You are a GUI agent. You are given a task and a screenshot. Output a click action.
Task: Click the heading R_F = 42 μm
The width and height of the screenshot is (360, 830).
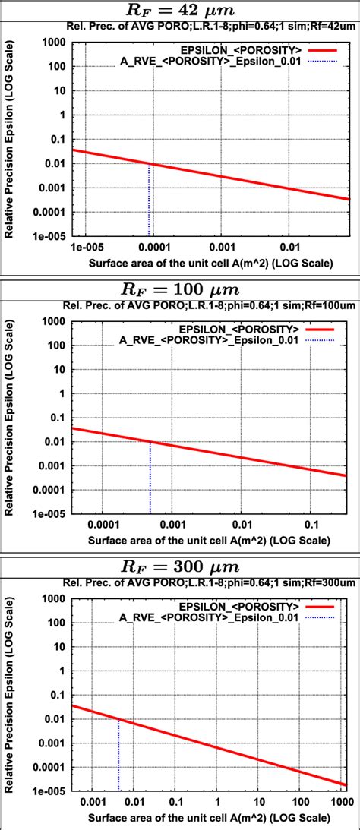point(179,10)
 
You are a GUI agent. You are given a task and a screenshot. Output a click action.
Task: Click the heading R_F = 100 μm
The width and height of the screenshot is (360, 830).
point(179,289)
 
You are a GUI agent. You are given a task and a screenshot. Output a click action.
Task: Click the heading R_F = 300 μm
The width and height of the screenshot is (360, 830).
point(179,566)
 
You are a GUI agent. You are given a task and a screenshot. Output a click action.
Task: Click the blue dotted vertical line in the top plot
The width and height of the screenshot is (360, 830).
point(150,201)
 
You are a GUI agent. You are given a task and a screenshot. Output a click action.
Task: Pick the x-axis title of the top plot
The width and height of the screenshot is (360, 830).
point(210,263)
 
